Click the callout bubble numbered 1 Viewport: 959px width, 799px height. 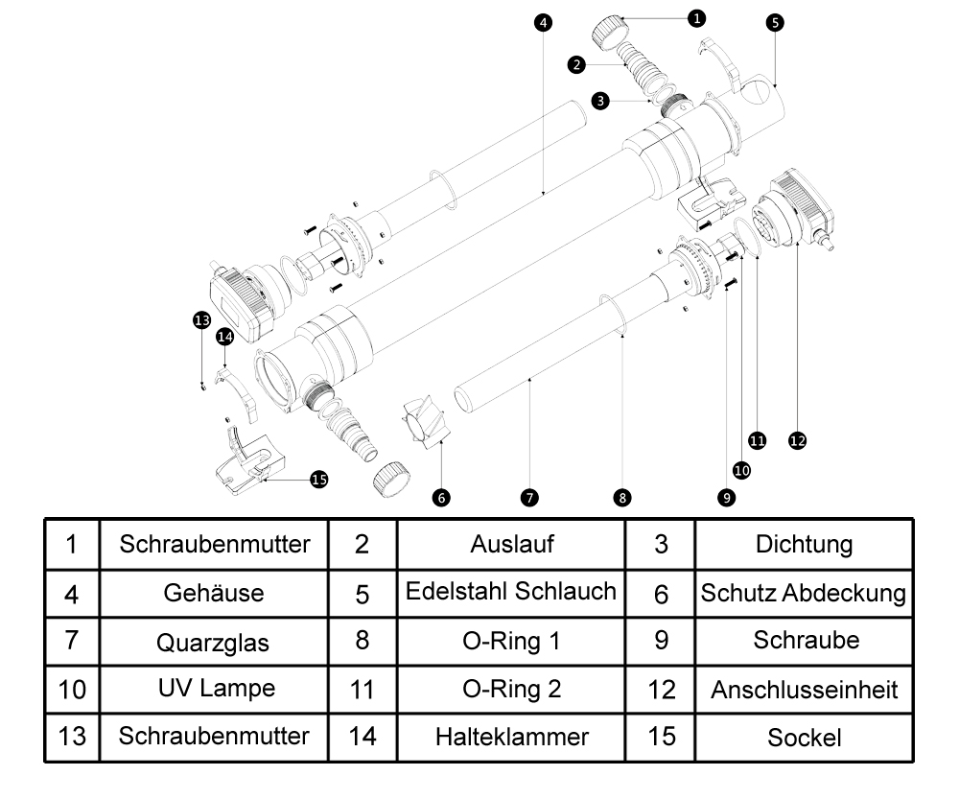pyautogui.click(x=697, y=17)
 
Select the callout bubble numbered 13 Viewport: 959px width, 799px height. pyautogui.click(x=201, y=320)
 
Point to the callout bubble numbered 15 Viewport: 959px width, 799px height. pyautogui.click(x=319, y=480)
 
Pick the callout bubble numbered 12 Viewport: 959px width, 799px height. pyautogui.click(x=797, y=440)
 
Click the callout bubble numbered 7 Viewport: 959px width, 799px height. pyautogui.click(x=529, y=497)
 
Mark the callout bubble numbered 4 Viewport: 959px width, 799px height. pyautogui.click(x=544, y=22)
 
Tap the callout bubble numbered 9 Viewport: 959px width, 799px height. pyautogui.click(x=727, y=497)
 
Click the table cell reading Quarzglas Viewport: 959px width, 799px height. pyautogui.click(x=214, y=642)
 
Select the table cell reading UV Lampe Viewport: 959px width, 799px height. pyautogui.click(x=214, y=689)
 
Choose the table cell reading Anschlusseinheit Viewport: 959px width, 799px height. pyautogui.click(x=804, y=689)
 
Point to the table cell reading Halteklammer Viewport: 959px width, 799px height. pyautogui.click(x=512, y=737)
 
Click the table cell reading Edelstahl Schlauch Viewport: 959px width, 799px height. pyautogui.click(x=512, y=592)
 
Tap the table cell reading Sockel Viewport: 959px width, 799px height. pyautogui.click(x=804, y=737)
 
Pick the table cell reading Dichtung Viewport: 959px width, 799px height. pyautogui.click(x=804, y=544)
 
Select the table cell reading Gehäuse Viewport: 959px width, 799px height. pyautogui.click(x=214, y=592)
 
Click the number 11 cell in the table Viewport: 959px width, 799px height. pyautogui.click(x=362, y=689)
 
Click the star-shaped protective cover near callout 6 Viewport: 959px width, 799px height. pyautogui.click(x=423, y=423)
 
